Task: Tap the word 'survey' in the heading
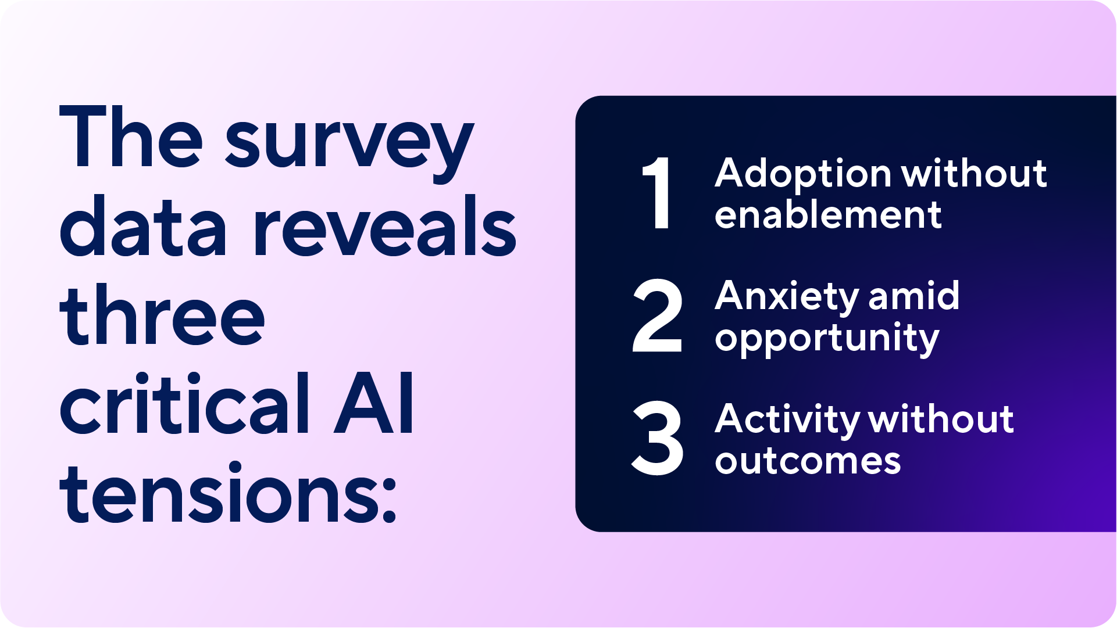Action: (349, 145)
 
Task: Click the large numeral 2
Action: (657, 316)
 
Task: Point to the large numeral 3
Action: (657, 439)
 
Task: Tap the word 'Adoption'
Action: (803, 175)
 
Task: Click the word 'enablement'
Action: (828, 216)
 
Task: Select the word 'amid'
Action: (913, 296)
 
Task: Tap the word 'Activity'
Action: (786, 420)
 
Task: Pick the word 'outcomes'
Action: (808, 462)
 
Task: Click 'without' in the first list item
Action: (974, 174)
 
